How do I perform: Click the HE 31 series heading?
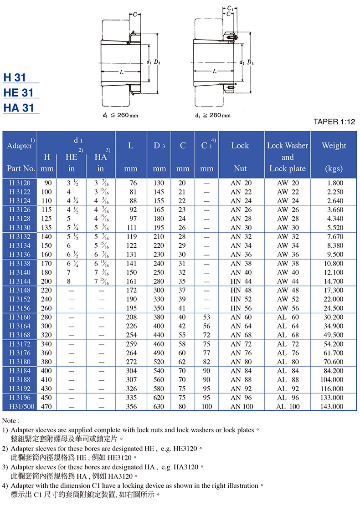tap(19, 92)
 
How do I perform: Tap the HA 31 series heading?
tap(19, 108)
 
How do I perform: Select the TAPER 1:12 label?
tap(334, 122)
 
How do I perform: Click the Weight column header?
tap(334, 146)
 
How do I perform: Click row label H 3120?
tap(19, 183)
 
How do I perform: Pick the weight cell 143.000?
tap(332, 406)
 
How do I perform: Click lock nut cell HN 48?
tap(241, 290)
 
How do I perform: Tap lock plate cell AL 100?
tap(288, 406)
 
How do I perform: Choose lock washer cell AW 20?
tap(288, 183)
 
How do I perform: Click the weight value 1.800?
tap(334, 183)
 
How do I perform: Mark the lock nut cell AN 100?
tap(242, 406)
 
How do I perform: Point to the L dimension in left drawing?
tap(122, 72)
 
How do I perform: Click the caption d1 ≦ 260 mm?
tap(120, 115)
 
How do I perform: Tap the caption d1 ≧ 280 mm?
tap(212, 115)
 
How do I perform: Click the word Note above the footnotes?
tap(11, 420)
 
